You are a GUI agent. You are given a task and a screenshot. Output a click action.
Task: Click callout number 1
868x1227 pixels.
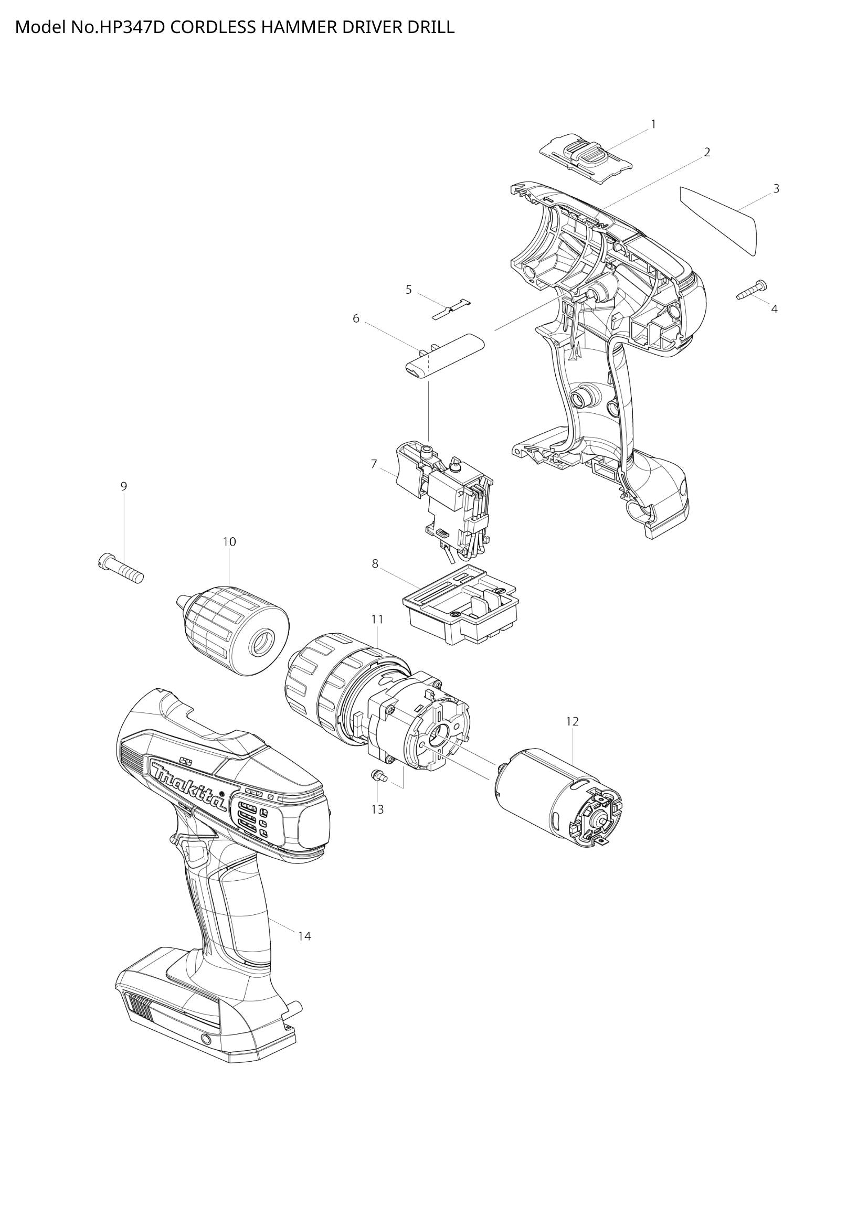click(653, 124)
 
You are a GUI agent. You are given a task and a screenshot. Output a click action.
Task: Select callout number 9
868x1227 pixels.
click(123, 486)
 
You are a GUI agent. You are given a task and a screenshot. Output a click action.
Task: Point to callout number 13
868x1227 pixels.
click(377, 809)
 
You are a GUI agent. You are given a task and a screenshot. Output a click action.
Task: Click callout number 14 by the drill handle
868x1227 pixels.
click(304, 936)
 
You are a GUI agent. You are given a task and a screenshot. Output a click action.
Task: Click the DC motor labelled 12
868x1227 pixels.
click(556, 786)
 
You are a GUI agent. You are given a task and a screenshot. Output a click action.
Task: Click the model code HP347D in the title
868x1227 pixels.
click(133, 27)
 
